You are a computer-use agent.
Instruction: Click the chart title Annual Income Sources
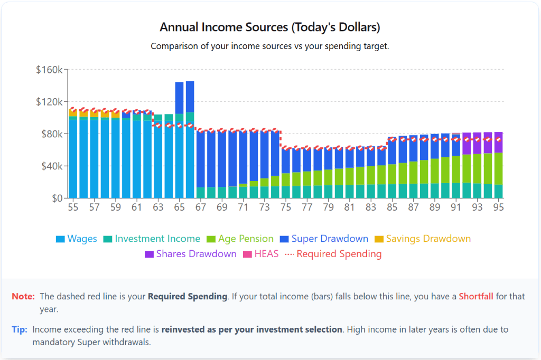pos(269,27)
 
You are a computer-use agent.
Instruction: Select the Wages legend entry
pos(77,239)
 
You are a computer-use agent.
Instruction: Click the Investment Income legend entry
pos(152,239)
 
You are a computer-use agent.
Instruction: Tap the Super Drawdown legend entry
pos(324,239)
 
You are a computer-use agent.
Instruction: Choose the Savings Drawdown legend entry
pos(423,239)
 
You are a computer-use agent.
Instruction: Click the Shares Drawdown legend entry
pos(191,254)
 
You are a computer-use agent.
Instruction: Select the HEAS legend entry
pos(260,254)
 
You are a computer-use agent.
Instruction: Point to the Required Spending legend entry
pos(333,254)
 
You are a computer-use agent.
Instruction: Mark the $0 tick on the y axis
pos(57,198)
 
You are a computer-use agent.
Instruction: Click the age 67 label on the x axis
pos(200,207)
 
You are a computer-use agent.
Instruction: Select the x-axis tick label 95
pos(498,207)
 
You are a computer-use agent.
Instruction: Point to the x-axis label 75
pos(285,207)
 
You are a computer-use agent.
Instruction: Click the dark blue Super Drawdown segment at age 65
pos(179,98)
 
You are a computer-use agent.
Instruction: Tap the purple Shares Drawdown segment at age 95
pos(498,143)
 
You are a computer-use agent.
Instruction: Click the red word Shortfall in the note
pos(475,296)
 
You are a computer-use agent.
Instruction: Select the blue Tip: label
pos(20,329)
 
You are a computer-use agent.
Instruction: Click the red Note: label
pos(23,296)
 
